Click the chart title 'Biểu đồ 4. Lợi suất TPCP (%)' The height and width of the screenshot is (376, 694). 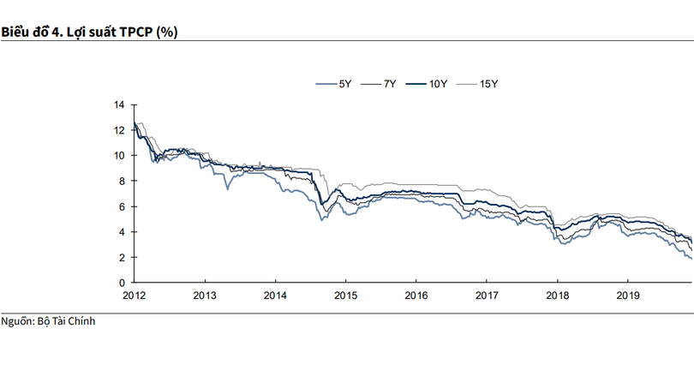pos(89,32)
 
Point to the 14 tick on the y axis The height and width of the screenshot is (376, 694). pos(119,104)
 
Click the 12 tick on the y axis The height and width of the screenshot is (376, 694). pos(119,130)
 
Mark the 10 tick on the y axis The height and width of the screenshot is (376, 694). pos(119,156)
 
